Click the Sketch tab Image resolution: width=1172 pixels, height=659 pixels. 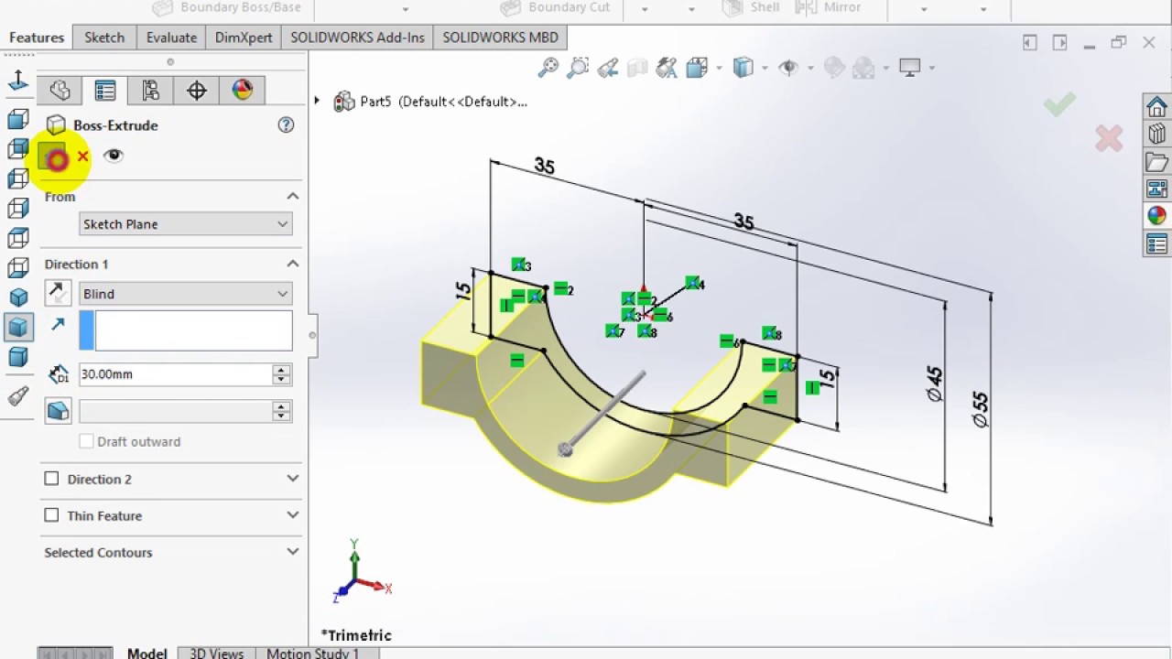point(104,38)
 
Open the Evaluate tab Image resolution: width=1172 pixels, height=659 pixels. point(171,38)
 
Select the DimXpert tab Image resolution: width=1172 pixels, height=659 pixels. point(244,38)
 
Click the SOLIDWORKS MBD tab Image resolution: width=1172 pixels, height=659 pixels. point(500,38)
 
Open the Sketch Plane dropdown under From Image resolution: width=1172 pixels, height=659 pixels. point(185,224)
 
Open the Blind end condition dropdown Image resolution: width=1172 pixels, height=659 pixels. point(185,294)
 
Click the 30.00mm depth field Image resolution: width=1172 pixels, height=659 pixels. point(174,374)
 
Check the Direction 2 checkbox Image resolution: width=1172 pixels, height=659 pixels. point(52,479)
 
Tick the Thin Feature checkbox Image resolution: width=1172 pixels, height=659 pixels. point(52,515)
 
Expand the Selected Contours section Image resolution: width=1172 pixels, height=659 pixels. point(292,552)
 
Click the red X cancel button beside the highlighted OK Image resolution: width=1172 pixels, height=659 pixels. point(82,157)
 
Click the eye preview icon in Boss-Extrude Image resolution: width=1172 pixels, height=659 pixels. point(114,156)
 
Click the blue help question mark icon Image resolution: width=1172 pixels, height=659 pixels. point(286,125)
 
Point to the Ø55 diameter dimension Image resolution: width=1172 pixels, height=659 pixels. point(980,409)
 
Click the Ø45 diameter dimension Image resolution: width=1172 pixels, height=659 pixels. point(934,384)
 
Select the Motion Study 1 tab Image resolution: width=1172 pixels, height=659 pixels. point(312,653)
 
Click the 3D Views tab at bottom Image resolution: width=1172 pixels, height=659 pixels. point(216,653)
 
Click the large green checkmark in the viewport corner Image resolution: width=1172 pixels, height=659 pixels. point(1059,104)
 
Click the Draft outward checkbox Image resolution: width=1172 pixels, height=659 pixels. point(87,441)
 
